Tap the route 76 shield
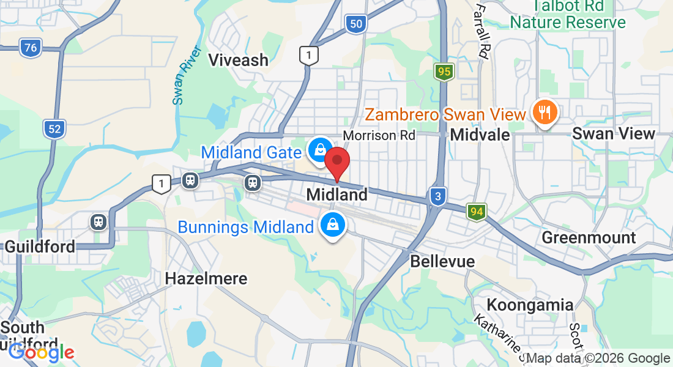[x=30, y=48]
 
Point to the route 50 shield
[x=356, y=24]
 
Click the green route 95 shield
[x=444, y=72]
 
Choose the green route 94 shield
[x=477, y=212]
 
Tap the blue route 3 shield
[x=437, y=196]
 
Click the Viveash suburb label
[x=239, y=60]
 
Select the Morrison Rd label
[x=379, y=135]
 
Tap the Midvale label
[x=480, y=135]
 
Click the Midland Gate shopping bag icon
[x=319, y=150]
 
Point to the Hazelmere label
[x=206, y=279]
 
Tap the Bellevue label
[x=442, y=261]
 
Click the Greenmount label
[x=589, y=237]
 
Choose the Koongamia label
[x=530, y=305]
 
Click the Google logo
[x=41, y=352]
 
